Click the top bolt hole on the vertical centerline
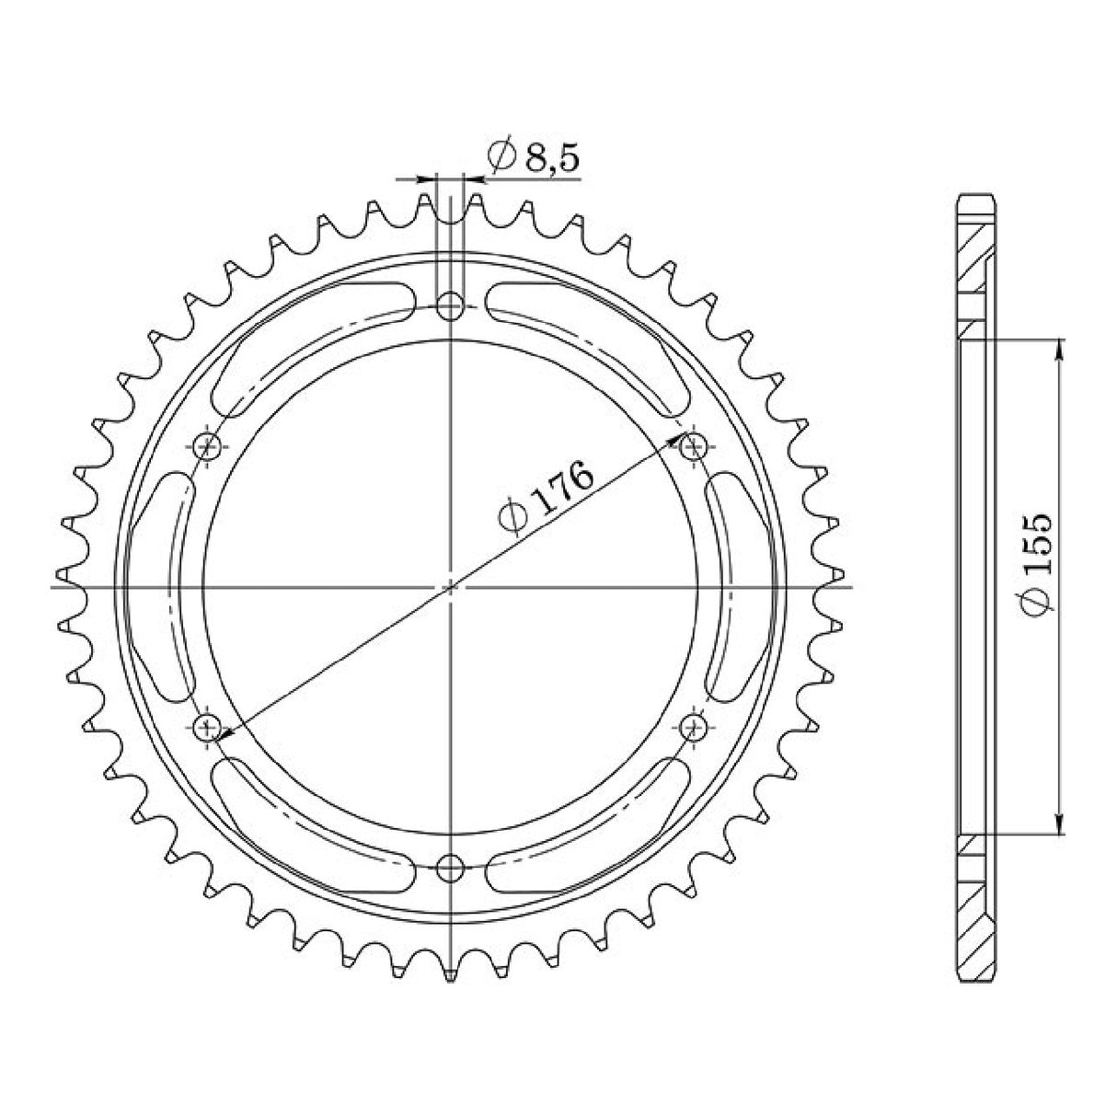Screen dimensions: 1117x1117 coord(451,306)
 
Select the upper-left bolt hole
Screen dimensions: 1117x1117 coord(209,447)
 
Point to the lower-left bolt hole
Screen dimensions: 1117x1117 coord(209,726)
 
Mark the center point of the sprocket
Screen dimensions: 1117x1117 coord(451,586)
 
